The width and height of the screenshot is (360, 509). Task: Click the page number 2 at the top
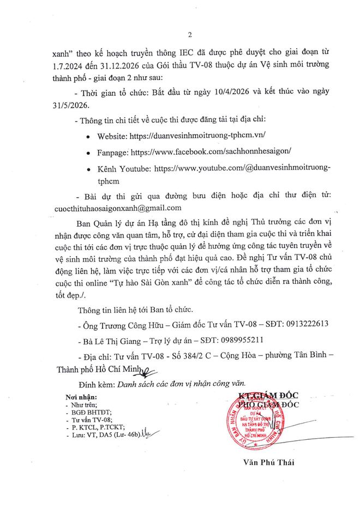tap(189, 35)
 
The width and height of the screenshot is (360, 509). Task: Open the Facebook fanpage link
tap(213, 151)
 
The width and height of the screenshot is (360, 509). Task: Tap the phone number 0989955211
tap(243, 339)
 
